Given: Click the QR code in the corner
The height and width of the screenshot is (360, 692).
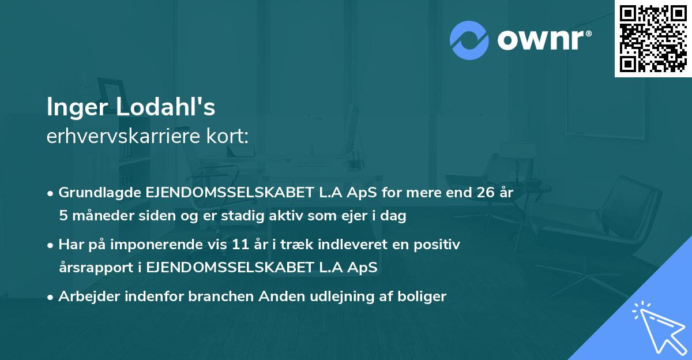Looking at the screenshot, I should tap(653, 39).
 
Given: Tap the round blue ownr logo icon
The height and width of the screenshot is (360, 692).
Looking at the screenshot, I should tap(469, 40).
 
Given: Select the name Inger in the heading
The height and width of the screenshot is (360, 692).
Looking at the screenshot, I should tap(78, 107).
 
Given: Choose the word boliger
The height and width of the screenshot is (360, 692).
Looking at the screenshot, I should tap(426, 297).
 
